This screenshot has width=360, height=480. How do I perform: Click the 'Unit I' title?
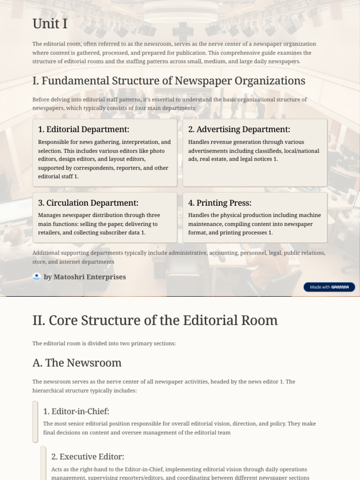tap(46, 23)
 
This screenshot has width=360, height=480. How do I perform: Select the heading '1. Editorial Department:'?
tap(83, 129)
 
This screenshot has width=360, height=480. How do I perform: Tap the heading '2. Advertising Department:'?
tap(239, 129)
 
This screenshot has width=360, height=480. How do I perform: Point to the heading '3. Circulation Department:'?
tap(88, 203)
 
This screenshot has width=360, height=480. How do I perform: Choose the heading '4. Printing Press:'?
tap(220, 203)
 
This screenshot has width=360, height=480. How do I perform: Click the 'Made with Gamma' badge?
tap(329, 287)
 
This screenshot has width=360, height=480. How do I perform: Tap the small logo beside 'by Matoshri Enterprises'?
tap(37, 277)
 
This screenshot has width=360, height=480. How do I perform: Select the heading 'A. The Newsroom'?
tap(77, 363)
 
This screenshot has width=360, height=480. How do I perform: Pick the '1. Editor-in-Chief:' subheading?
tap(76, 412)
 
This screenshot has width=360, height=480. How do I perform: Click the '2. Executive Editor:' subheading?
tap(88, 457)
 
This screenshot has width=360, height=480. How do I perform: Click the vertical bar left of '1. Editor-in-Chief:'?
tap(35, 421)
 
